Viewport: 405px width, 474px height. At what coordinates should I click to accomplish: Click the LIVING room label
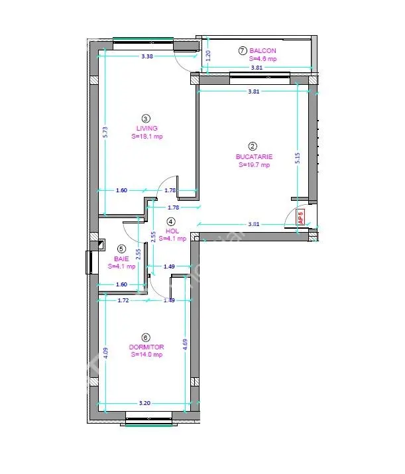[x=147, y=128]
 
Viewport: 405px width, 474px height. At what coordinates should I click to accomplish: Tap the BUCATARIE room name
[x=254, y=156]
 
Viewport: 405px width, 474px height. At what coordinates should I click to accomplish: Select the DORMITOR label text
[x=146, y=347]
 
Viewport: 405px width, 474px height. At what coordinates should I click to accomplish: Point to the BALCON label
[x=262, y=51]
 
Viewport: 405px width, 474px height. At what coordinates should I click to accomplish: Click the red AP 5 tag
[x=301, y=217]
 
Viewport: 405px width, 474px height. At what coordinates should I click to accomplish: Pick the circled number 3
[x=146, y=119]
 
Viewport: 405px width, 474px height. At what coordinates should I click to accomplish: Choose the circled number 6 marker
[x=146, y=337]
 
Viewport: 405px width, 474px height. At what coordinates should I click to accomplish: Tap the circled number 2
[x=253, y=147]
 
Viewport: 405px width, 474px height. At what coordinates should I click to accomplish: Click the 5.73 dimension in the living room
[x=105, y=132]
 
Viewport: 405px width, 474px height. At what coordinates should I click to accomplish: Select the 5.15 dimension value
[x=298, y=158]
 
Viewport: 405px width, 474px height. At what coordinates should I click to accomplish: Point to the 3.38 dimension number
[x=147, y=56]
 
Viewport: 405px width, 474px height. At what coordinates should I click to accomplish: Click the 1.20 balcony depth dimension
[x=208, y=56]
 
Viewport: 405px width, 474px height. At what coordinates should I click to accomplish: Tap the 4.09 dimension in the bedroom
[x=105, y=353]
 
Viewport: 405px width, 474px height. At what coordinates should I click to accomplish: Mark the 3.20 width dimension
[x=145, y=403]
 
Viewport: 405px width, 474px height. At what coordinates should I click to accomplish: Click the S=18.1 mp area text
[x=147, y=137]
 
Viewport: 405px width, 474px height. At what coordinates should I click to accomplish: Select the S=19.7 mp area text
[x=254, y=165]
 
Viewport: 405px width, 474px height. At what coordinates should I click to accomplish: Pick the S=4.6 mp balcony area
[x=262, y=59]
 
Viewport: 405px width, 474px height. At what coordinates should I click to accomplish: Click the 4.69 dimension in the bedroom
[x=186, y=345]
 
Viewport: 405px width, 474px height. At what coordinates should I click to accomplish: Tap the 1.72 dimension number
[x=123, y=300]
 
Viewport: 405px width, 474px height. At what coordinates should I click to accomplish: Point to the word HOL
[x=172, y=231]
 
